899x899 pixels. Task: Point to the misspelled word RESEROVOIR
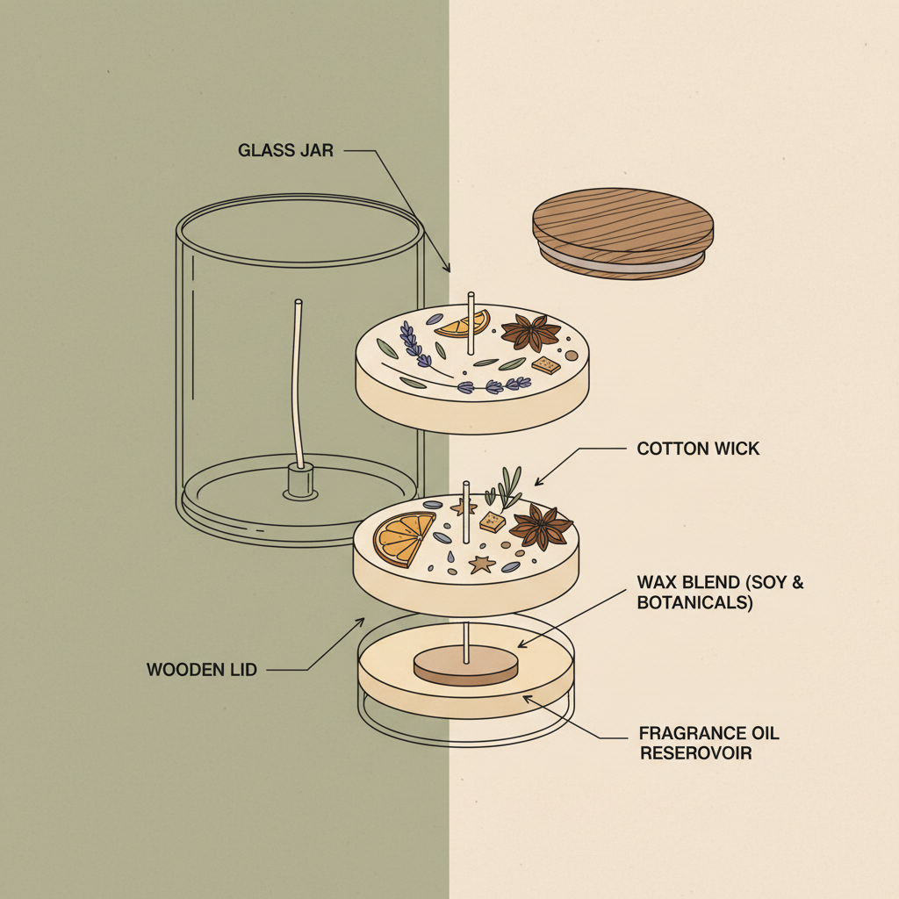(695, 752)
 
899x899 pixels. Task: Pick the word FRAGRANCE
(680, 733)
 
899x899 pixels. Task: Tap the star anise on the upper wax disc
(530, 332)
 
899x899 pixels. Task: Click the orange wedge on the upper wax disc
(464, 324)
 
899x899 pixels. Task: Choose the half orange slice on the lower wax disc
(402, 538)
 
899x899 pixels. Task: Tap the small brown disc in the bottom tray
(465, 665)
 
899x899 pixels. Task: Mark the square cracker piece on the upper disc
(546, 364)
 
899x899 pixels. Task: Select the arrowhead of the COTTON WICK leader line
(538, 483)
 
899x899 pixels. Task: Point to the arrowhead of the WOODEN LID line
(361, 621)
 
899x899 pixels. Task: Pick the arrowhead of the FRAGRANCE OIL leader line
(526, 698)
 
